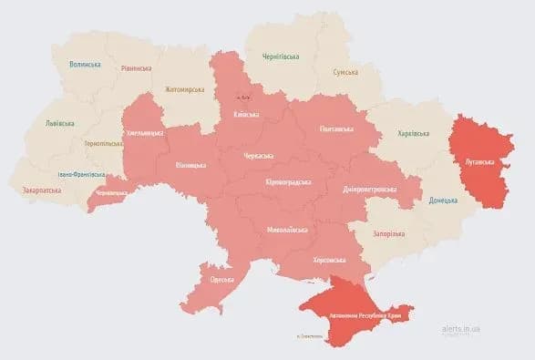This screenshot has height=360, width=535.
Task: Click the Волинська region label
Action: [x=87, y=65]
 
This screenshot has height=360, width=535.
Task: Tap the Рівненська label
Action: [x=137, y=67]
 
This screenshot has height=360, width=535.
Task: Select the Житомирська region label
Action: [x=185, y=89]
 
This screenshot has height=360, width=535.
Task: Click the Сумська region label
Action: [x=345, y=72]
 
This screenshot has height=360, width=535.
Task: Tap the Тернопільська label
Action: [x=103, y=144]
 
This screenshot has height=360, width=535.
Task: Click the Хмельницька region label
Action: [x=144, y=133]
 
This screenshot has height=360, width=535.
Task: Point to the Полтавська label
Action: [x=337, y=129]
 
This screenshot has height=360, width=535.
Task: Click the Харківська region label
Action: [x=413, y=134]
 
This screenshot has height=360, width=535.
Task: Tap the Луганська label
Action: [x=479, y=162]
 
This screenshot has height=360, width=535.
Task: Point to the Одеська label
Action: [x=221, y=280]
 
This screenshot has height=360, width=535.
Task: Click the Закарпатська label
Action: [x=41, y=190]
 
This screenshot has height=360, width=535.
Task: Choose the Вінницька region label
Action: [x=191, y=165]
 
